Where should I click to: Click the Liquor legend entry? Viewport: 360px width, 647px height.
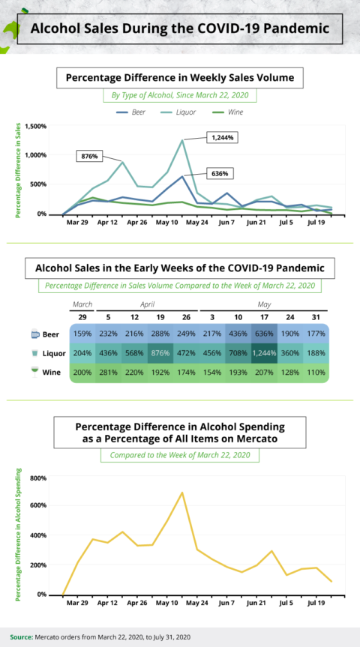[x=185, y=112]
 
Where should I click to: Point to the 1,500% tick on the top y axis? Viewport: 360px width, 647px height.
[x=35, y=126]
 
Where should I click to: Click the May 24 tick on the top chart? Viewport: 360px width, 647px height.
[x=197, y=223]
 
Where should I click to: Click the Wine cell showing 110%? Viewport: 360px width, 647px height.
[x=315, y=373]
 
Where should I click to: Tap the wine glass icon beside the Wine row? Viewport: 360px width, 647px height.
[x=35, y=371]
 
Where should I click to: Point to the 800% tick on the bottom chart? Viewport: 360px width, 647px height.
[x=37, y=478]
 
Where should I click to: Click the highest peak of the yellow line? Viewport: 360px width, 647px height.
[x=181, y=493]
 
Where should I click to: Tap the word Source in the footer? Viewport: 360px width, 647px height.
[x=21, y=637]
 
